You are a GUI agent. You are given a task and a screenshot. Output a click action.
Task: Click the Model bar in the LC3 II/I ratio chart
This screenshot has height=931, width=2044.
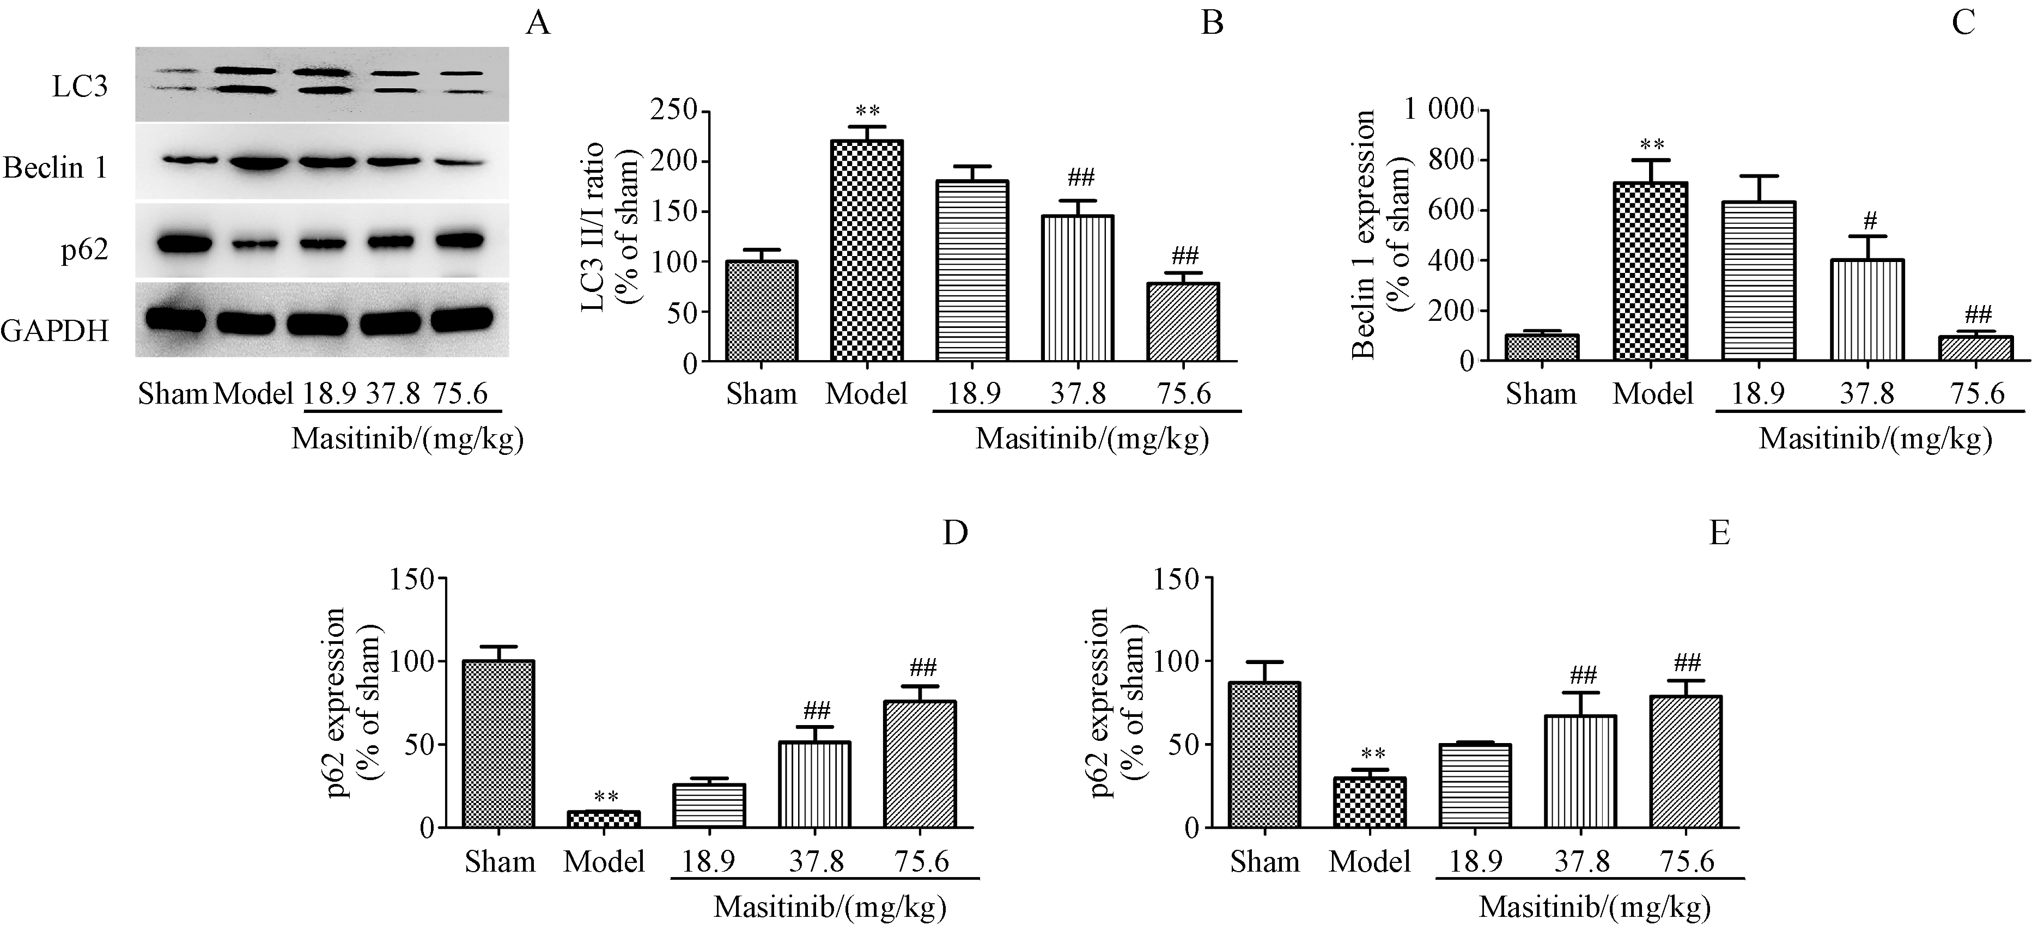867,252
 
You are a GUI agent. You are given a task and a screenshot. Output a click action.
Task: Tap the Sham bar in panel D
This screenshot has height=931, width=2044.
498,744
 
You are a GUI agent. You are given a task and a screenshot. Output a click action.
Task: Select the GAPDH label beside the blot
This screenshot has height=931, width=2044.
54,330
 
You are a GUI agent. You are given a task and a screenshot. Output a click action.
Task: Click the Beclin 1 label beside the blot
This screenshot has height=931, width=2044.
54,168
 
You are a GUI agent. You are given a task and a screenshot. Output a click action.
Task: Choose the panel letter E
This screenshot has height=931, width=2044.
1719,533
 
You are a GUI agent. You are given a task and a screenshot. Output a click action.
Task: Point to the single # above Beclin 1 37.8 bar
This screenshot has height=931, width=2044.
1870,221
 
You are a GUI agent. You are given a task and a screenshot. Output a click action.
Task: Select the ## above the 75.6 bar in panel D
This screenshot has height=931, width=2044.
923,667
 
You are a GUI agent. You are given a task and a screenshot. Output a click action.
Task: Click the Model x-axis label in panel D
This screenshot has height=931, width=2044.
604,861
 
